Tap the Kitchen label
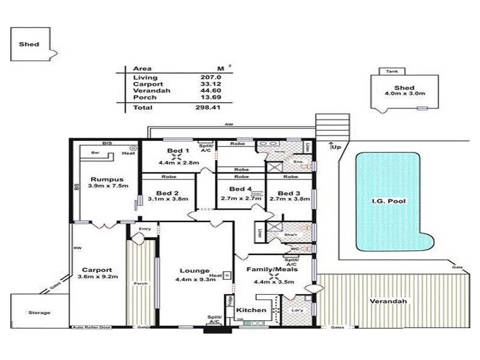pos(250,310)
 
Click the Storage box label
pos(39,313)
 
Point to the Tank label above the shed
pos(391,70)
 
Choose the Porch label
pos(142,284)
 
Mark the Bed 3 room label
pos(289,193)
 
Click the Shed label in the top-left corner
pos(29,44)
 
